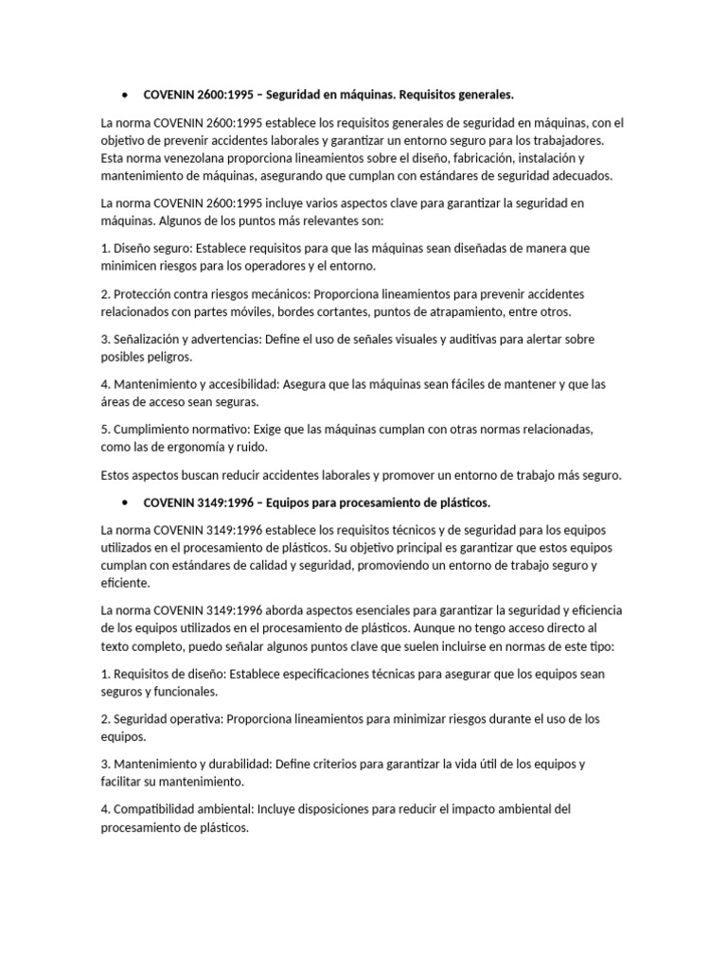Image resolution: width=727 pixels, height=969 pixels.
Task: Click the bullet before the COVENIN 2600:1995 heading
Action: click(x=125, y=96)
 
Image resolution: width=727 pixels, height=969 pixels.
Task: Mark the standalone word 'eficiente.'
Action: click(x=126, y=584)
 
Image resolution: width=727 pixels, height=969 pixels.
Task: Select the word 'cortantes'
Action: click(x=335, y=311)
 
